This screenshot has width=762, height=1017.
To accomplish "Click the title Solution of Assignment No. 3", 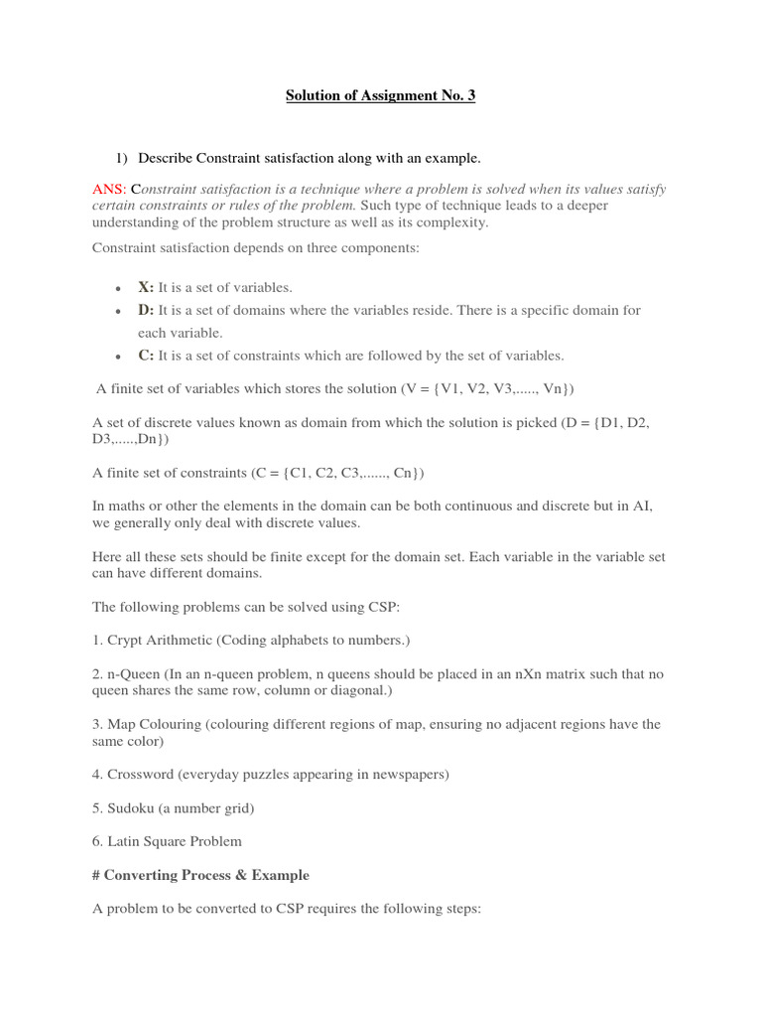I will [380, 95].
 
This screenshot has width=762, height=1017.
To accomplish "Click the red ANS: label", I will [109, 189].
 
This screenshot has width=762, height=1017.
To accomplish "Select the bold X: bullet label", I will [146, 287].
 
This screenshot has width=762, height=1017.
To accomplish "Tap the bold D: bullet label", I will [146, 310].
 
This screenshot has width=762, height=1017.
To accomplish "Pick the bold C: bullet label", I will [146, 355].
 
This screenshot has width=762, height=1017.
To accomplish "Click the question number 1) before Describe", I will [122, 158].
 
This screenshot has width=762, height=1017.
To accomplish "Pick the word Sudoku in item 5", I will [130, 807].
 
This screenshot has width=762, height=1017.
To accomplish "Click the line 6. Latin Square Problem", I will [167, 841].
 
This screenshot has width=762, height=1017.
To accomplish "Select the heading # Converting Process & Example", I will [200, 875].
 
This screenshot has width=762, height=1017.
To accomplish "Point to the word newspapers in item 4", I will [406, 774].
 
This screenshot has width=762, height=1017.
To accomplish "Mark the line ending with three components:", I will [256, 247].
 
